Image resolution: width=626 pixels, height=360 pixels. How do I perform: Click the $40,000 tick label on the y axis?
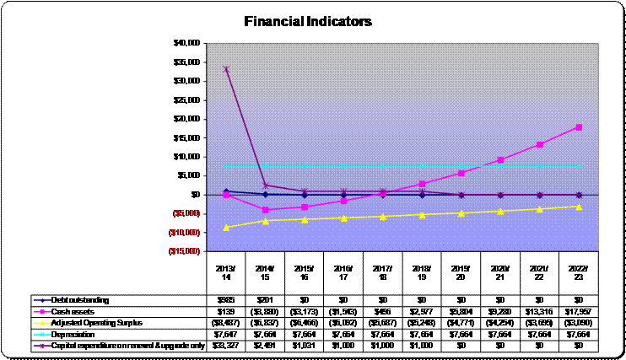click(x=185, y=42)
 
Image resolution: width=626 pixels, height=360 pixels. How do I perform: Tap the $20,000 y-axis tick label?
click(x=185, y=119)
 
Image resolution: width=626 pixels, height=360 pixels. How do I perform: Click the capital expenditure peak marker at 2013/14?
click(x=226, y=69)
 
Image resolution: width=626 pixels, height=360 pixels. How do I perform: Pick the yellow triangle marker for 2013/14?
click(x=226, y=227)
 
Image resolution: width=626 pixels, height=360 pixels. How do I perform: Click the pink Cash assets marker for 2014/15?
click(x=266, y=209)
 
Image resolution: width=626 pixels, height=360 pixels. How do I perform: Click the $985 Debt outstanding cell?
click(x=226, y=299)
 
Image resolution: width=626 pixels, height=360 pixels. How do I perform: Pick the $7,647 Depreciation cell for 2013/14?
click(x=226, y=333)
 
